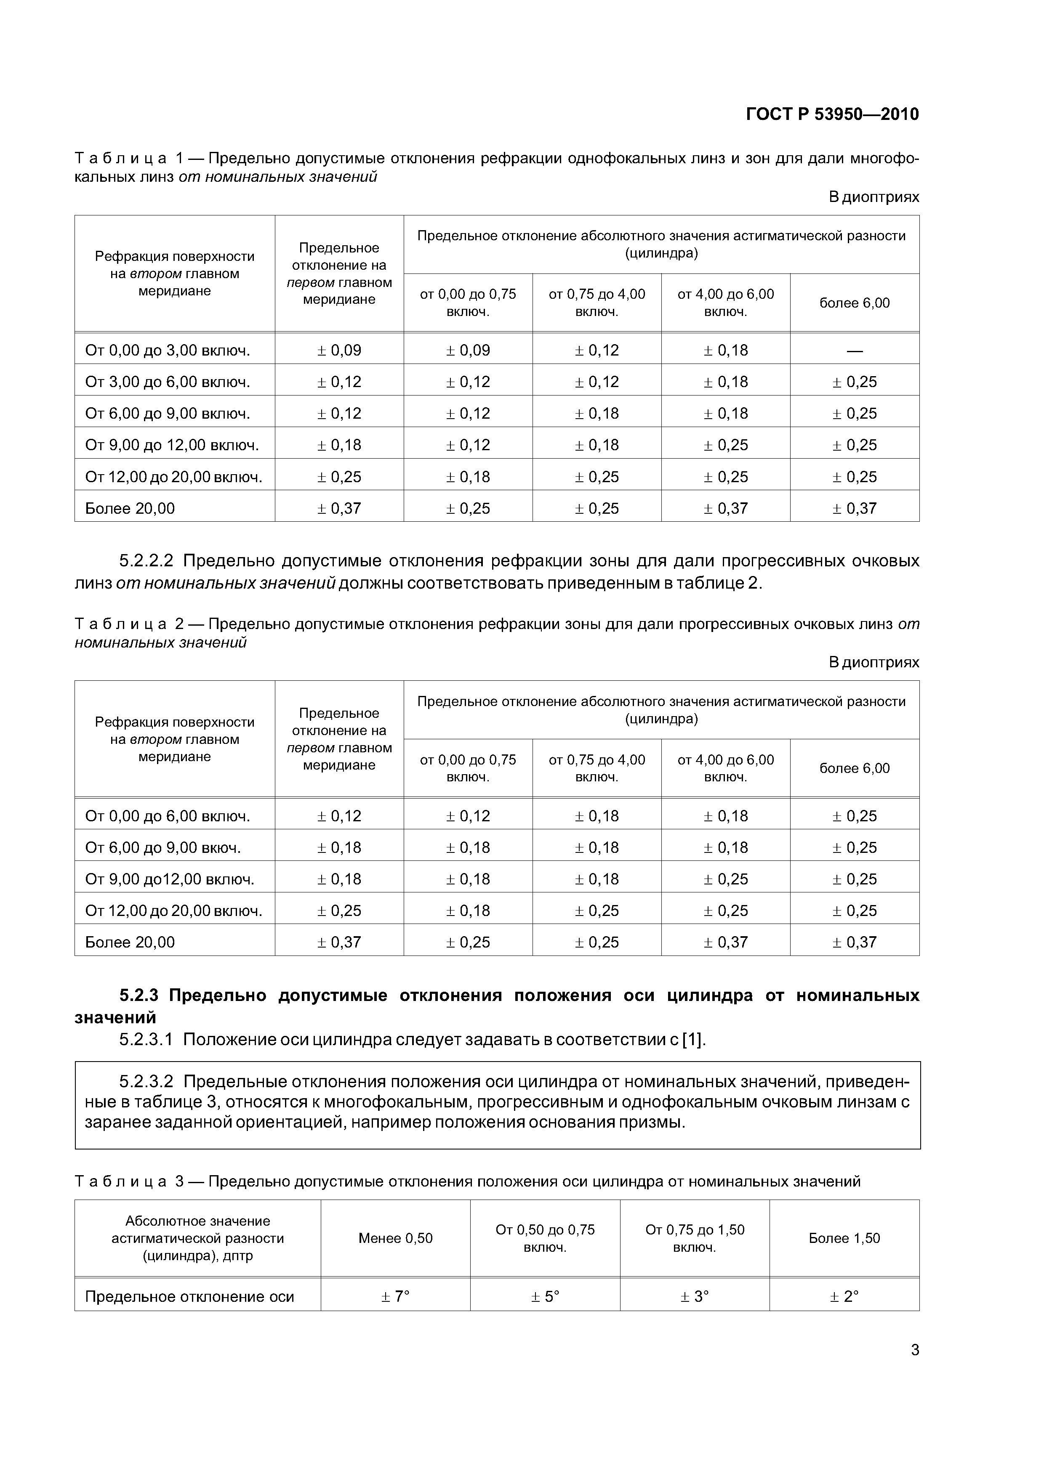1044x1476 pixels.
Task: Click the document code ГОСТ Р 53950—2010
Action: pos(832,114)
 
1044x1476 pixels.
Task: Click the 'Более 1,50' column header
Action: pos(844,1237)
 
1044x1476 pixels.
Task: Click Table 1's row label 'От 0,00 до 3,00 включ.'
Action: pos(167,350)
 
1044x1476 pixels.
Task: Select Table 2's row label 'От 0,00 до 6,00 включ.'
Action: pos(167,816)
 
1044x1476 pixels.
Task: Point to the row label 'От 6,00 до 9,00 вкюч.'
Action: pos(163,847)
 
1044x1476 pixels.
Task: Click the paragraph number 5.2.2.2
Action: pos(146,561)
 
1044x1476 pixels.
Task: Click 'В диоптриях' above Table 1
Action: pos(874,197)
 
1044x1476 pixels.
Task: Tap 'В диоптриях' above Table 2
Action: pos(874,662)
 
